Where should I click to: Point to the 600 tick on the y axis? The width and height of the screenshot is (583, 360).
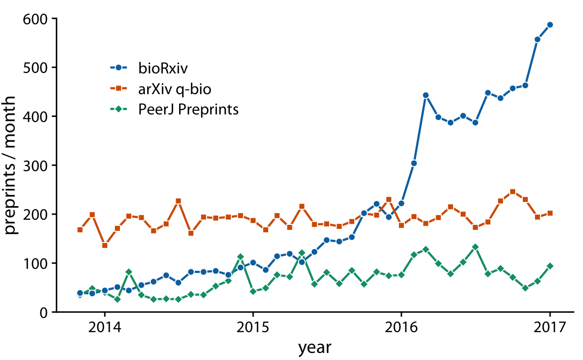[35, 19]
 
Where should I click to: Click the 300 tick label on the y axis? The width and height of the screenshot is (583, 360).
[35, 166]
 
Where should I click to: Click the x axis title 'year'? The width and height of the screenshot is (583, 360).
[314, 348]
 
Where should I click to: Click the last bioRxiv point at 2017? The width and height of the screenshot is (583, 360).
[550, 25]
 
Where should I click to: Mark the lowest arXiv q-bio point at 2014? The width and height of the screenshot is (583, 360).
[104, 246]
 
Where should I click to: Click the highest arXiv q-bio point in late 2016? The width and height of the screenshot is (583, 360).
[513, 192]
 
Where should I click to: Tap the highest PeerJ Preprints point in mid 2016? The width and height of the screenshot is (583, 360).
[475, 247]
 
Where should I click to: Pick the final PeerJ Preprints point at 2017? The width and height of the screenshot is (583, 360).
[550, 266]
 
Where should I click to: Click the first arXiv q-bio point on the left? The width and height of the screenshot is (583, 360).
[80, 230]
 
